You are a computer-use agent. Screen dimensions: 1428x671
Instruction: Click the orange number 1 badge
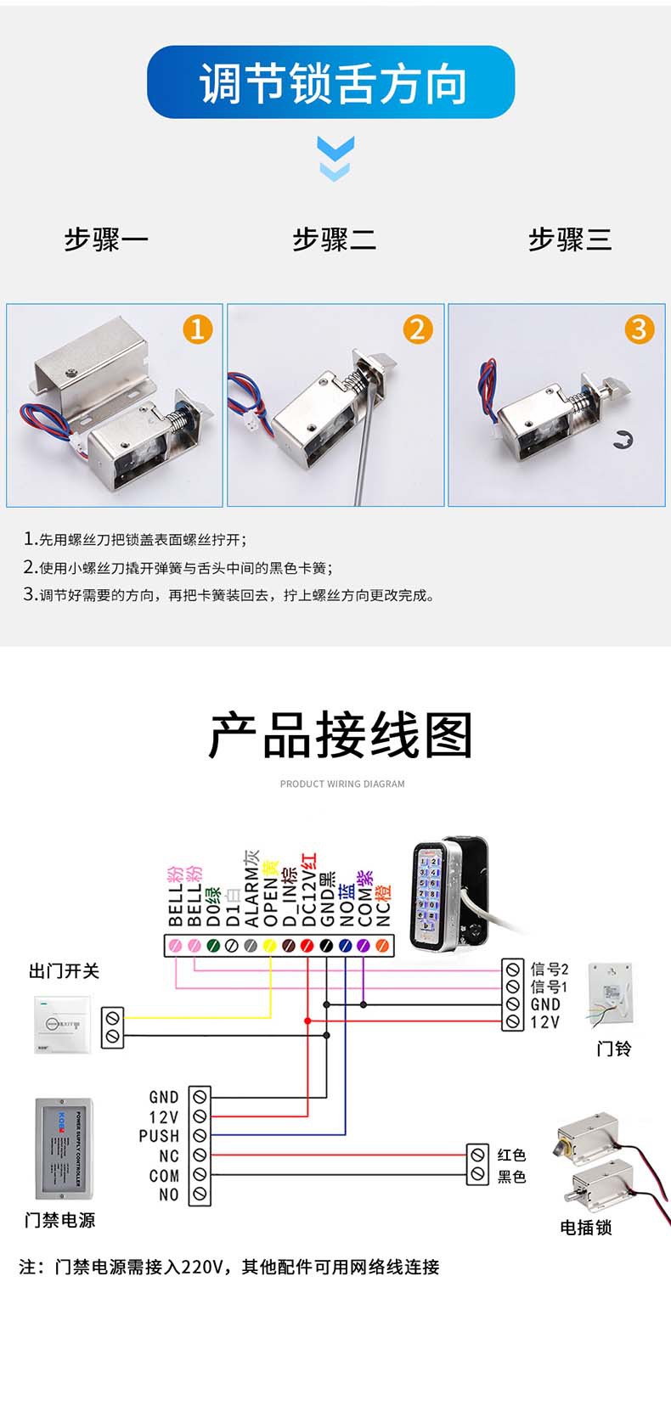[x=198, y=329]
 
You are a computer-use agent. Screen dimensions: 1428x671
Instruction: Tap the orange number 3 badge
[x=639, y=329]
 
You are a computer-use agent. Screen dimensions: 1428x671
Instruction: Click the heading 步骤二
[x=334, y=239]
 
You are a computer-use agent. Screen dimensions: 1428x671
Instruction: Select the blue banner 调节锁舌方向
[x=331, y=82]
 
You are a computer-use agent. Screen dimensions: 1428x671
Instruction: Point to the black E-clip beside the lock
[x=622, y=441]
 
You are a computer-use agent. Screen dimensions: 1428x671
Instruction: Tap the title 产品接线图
[x=341, y=735]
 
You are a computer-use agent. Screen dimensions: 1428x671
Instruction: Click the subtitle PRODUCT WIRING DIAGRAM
[x=342, y=784]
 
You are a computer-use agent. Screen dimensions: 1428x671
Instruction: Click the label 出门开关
[x=64, y=971]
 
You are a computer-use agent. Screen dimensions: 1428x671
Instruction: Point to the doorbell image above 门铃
[x=612, y=997]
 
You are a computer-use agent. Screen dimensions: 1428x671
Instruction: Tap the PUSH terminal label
[x=160, y=1136]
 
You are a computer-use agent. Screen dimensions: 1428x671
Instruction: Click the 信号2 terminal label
[x=549, y=969]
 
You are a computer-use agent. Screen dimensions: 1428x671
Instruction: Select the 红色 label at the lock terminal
[x=511, y=1155]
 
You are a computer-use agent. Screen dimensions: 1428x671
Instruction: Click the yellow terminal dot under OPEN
[x=270, y=945]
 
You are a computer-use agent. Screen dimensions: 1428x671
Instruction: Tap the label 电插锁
[x=586, y=1227]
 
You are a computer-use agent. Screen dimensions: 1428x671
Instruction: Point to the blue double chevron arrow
[x=335, y=158]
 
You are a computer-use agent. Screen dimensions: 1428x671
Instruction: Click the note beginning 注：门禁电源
[x=229, y=1267]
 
